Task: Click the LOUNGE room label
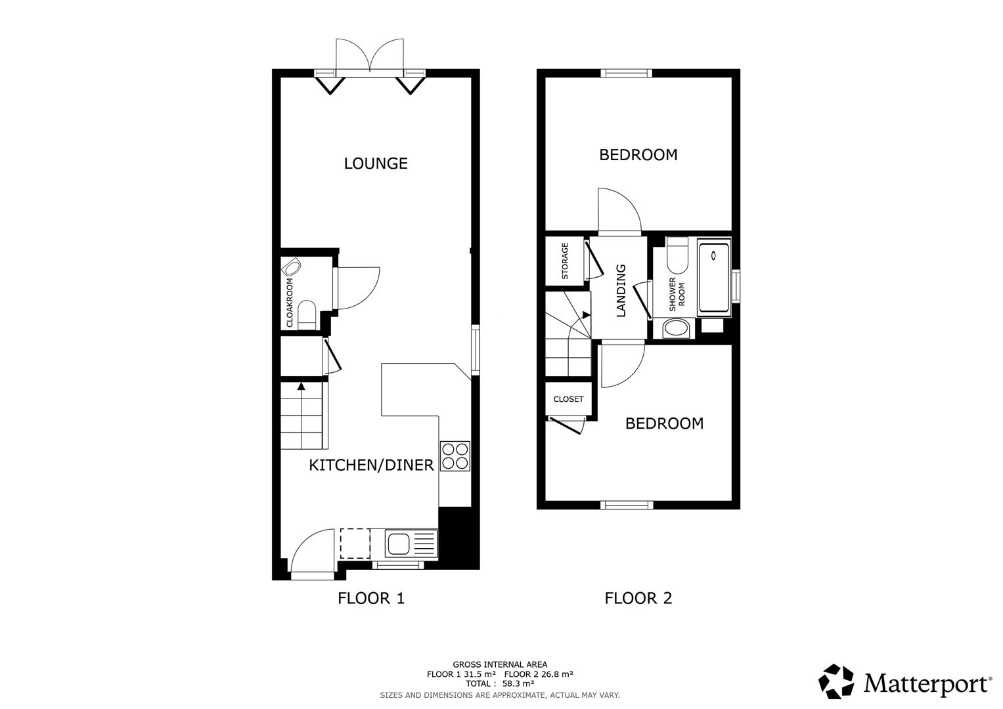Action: [376, 163]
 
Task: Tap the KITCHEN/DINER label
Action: [371, 465]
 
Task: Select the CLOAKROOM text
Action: [290, 303]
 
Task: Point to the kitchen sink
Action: [398, 544]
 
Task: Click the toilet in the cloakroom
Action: [307, 314]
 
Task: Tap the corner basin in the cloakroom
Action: [291, 267]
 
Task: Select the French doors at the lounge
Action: [370, 56]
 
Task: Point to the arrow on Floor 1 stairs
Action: [301, 387]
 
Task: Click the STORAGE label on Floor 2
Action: [564, 261]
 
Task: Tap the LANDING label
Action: [621, 291]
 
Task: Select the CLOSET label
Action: [568, 399]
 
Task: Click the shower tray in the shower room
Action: [713, 278]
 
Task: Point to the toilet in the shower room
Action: [677, 255]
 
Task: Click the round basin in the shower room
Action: [676, 328]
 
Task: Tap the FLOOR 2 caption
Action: [638, 599]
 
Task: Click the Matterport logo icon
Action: [836, 681]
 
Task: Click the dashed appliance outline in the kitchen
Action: [355, 544]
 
